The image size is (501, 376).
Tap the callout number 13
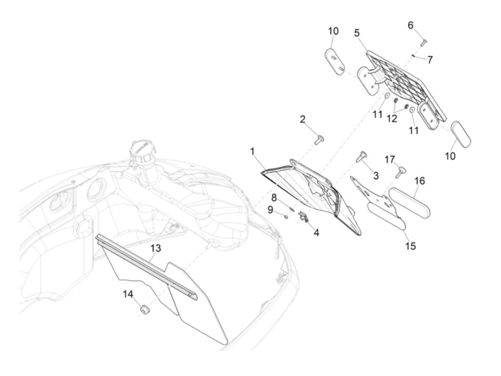156,248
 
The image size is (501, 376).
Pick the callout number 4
316,233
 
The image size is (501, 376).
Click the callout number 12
392,118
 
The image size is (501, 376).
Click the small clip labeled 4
303,217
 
